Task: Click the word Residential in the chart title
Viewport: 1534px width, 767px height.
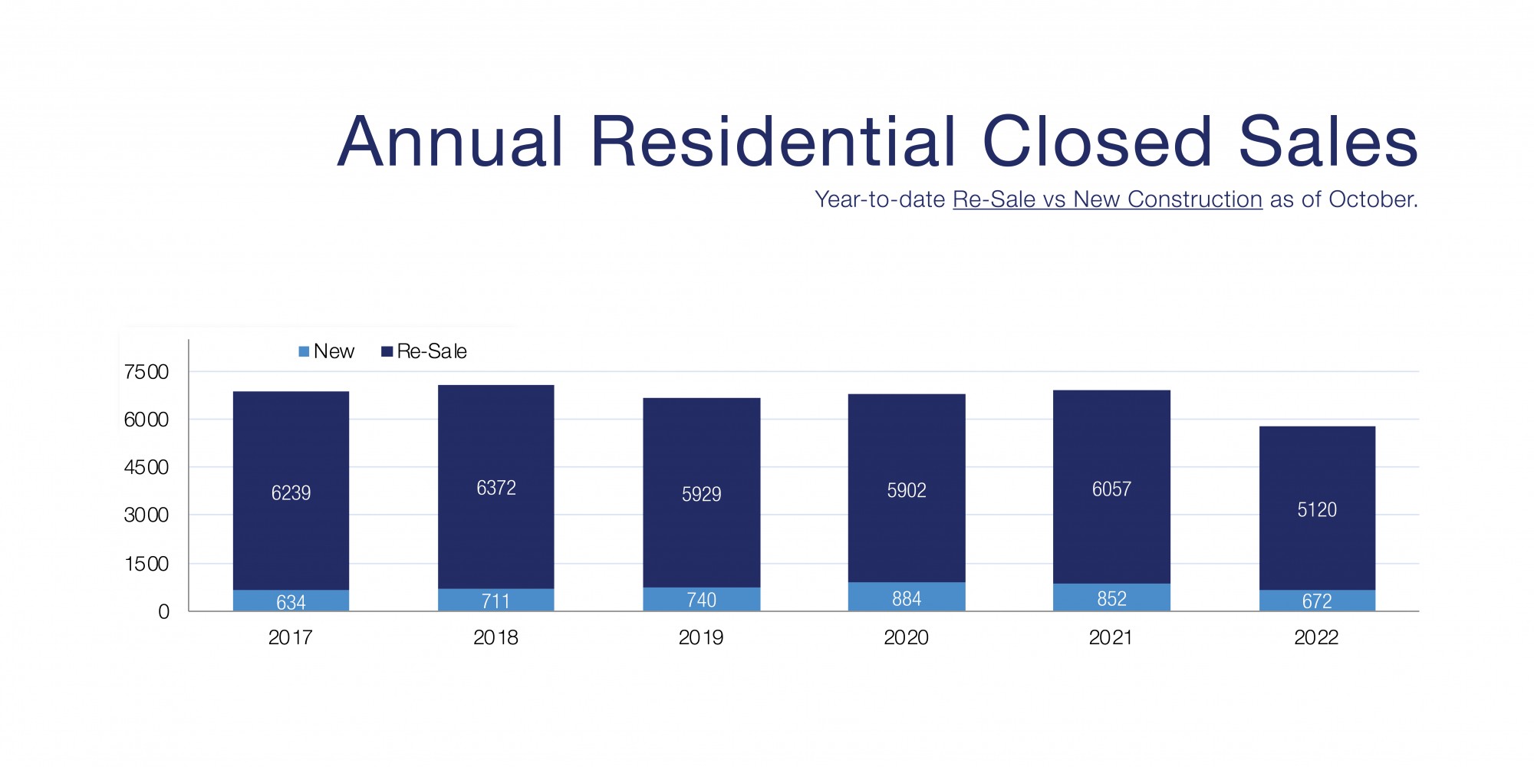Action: [x=775, y=142]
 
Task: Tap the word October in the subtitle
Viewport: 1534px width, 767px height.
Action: [x=1372, y=199]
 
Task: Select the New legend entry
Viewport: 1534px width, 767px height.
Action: [x=326, y=351]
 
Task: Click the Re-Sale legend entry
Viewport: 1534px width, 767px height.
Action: [x=424, y=351]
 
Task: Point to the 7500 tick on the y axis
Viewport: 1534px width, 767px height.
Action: [x=146, y=372]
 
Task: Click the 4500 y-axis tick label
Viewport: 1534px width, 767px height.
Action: [x=146, y=467]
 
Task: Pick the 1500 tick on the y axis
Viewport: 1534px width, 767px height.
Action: [x=146, y=564]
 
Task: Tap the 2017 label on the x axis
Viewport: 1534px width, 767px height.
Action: [x=290, y=637]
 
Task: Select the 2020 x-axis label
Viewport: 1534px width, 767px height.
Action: [x=906, y=637]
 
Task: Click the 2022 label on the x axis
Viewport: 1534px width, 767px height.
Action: [x=1316, y=637]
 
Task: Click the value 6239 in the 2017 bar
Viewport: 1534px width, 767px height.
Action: [x=291, y=492]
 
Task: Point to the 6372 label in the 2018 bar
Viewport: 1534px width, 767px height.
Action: [x=496, y=488]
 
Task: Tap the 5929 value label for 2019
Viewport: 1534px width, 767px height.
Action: [x=701, y=494]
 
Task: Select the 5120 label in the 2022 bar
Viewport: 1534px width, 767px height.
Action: [x=1316, y=510]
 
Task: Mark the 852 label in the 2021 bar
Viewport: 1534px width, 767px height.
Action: [x=1111, y=598]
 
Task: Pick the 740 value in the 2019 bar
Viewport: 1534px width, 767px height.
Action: [x=701, y=600]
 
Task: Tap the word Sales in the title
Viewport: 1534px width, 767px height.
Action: [x=1328, y=142]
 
